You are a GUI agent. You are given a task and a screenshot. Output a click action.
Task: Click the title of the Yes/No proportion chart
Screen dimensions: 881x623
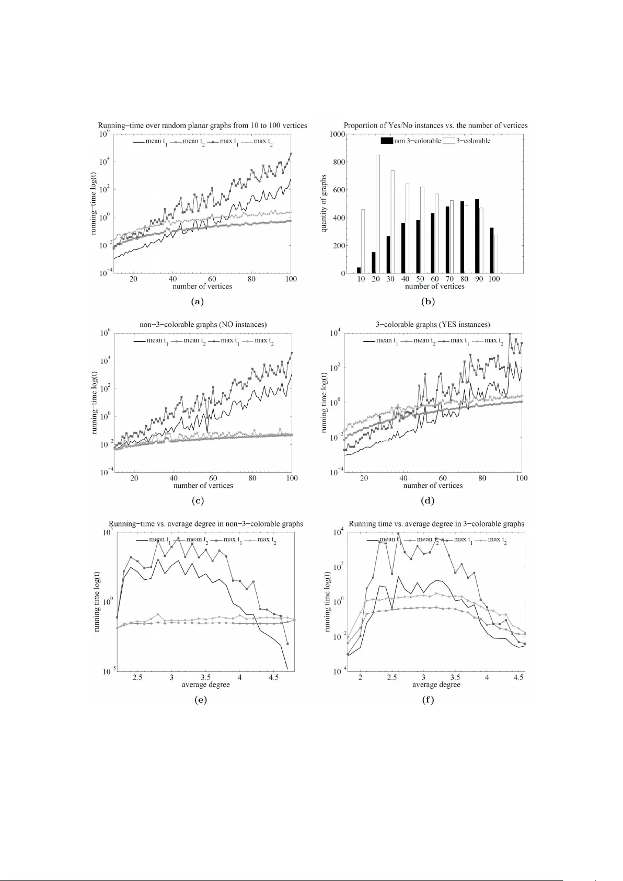(x=435, y=125)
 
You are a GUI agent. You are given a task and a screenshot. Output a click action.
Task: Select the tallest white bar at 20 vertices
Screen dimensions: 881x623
(x=377, y=214)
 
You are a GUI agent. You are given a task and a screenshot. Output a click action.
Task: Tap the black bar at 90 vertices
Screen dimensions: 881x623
(x=477, y=236)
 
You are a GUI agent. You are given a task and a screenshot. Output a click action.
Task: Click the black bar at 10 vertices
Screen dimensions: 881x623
(x=359, y=270)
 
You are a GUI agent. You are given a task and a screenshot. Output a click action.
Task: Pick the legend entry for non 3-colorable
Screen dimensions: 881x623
(x=411, y=141)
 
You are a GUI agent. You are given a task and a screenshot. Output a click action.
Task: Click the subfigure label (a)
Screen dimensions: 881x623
(x=198, y=302)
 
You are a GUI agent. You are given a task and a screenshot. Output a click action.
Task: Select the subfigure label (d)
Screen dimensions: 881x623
(x=428, y=501)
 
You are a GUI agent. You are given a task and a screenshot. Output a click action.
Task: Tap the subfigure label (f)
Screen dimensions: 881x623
(x=428, y=700)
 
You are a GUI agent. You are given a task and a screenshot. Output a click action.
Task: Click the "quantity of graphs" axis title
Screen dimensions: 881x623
(x=324, y=203)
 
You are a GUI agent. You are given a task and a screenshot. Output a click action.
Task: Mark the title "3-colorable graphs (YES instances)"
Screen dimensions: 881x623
(x=433, y=325)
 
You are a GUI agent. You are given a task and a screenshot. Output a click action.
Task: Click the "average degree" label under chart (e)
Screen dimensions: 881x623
(x=205, y=685)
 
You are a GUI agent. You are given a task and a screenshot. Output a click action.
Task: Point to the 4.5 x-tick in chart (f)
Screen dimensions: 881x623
(x=518, y=678)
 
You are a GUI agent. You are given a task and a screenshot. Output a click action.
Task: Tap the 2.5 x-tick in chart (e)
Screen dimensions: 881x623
(x=137, y=678)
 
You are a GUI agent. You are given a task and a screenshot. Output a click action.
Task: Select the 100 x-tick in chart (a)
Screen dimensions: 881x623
(x=291, y=279)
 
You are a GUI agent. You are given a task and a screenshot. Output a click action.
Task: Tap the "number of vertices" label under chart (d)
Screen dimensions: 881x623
(x=433, y=486)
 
